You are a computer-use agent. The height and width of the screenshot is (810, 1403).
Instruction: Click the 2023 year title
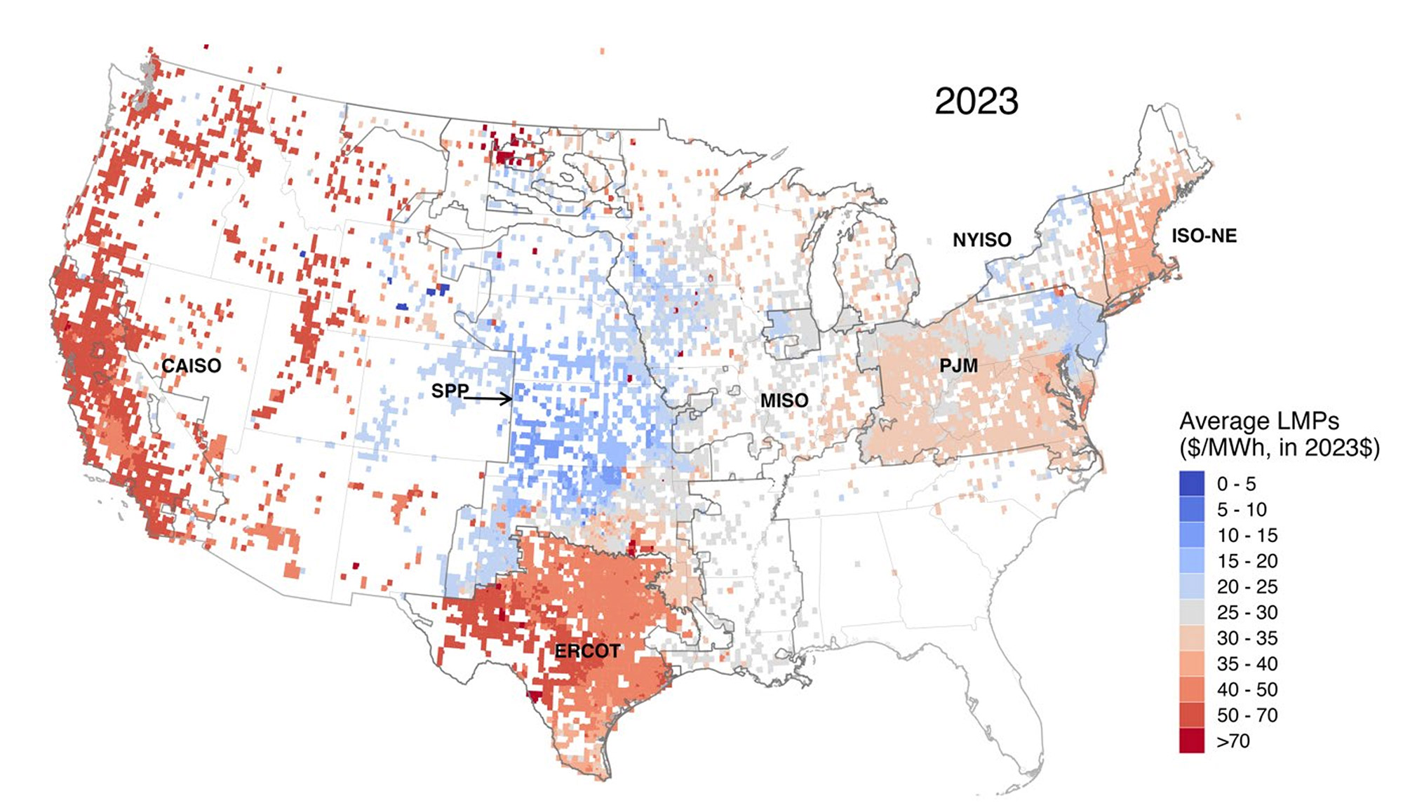[x=976, y=102]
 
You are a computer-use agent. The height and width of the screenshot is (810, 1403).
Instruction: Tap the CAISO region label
[x=191, y=365]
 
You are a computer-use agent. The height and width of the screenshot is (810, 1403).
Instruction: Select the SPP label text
[x=450, y=391]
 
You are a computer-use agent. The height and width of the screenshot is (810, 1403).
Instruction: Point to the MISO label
[x=784, y=400]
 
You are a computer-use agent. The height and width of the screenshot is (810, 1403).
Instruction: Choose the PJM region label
[x=958, y=365]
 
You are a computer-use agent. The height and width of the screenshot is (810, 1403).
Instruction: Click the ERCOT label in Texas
[x=587, y=652]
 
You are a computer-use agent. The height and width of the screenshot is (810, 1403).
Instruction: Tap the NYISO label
[x=981, y=240]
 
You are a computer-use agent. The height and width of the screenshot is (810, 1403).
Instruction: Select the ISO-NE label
[x=1204, y=236]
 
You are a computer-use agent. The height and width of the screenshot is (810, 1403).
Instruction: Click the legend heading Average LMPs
[x=1258, y=421]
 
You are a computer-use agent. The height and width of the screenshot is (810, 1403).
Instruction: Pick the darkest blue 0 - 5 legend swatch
[x=1191, y=484]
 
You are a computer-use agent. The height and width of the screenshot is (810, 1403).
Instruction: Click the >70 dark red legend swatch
[x=1191, y=741]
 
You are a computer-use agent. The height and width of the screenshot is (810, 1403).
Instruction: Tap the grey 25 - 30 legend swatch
[x=1191, y=612]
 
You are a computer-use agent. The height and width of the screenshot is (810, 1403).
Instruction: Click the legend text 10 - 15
[x=1247, y=535]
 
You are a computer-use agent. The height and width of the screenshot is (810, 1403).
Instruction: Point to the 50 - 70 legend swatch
[x=1191, y=715]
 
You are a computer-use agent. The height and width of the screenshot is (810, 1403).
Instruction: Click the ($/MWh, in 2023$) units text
[x=1279, y=447]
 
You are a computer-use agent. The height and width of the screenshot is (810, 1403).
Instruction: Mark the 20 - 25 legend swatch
[x=1191, y=586]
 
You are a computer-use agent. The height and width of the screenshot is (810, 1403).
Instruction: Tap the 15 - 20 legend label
[x=1247, y=561]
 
